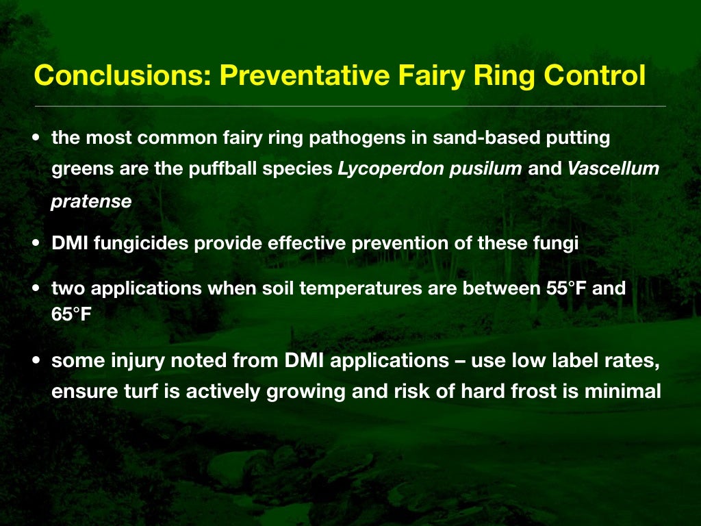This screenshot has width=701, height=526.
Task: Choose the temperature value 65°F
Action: (72, 316)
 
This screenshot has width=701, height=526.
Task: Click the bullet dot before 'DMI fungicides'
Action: (36, 245)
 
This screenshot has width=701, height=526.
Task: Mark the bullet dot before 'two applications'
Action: (36, 288)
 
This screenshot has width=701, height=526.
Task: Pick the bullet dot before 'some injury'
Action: (36, 361)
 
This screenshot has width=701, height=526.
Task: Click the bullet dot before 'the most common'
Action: (36, 138)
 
